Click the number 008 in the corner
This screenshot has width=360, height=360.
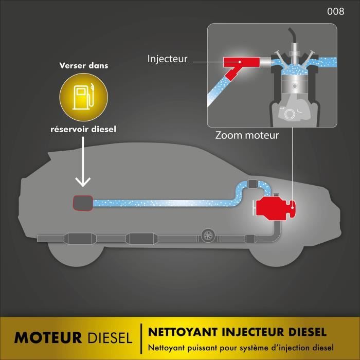point(335,12)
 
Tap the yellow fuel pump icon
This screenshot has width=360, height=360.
point(82,97)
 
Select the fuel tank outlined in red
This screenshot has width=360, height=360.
point(82,203)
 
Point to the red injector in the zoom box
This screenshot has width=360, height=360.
point(239,66)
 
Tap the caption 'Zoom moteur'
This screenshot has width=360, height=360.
point(247,136)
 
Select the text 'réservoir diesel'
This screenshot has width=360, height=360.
point(82,129)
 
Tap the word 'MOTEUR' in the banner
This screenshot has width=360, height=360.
point(48,338)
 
